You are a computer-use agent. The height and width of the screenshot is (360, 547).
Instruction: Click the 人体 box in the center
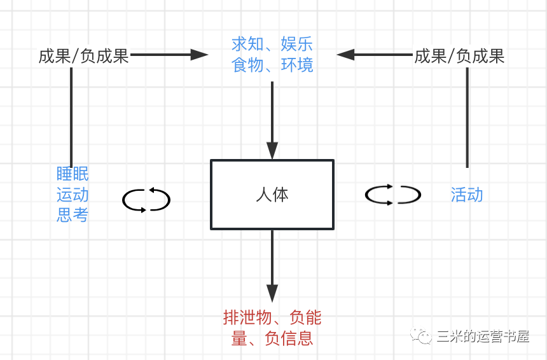coord(272,195)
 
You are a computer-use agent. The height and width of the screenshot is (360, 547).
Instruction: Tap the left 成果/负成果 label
coord(84,56)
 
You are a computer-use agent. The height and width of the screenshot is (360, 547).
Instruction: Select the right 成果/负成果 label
coord(459,56)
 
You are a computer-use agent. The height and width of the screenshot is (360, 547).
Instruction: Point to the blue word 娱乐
coord(297,44)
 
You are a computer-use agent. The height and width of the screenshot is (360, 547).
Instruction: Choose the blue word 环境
coord(297,64)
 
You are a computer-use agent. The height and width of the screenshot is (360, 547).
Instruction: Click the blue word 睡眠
coord(73,174)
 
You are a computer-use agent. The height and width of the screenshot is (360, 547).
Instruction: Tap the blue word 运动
coord(73,194)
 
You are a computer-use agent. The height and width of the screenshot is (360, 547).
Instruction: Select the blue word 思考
coord(73,214)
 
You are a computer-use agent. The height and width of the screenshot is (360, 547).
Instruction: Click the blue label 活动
coord(467,194)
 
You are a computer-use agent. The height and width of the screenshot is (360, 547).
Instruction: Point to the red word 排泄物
coord(247,317)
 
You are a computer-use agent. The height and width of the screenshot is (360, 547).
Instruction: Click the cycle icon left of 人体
coord(146,200)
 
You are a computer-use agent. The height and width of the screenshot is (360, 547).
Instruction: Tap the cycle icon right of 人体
coord(392,195)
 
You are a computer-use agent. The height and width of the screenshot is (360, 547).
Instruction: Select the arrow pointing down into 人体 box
coord(272,121)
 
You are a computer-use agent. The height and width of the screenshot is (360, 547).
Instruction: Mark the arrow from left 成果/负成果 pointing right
coord(169,55)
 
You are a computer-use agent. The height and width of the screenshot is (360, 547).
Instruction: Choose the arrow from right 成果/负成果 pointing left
coord(375,55)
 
